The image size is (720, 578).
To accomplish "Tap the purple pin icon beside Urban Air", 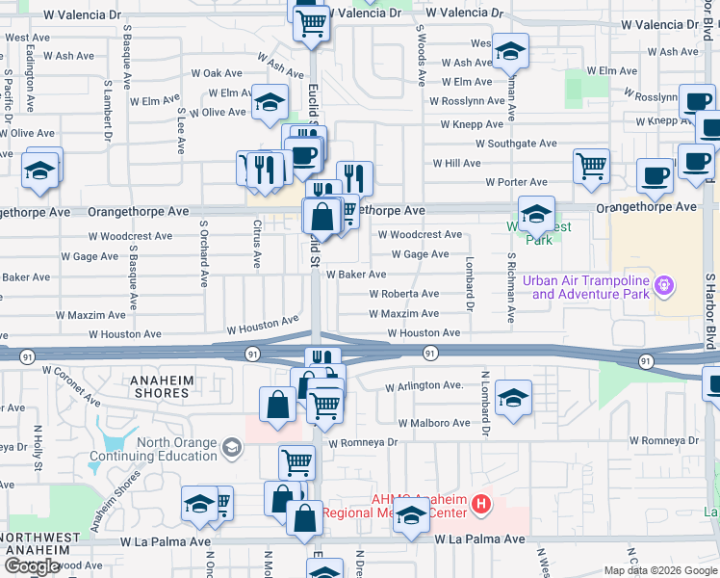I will click(662, 286).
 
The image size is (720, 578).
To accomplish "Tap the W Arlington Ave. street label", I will click(424, 386).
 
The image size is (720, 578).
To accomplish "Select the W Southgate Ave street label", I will click(508, 144).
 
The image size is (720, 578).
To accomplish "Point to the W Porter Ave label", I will click(516, 182).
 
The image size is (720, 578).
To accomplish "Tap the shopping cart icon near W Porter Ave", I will click(591, 165).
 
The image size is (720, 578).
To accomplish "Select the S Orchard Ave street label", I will click(204, 255).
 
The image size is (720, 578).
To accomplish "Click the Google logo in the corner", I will click(32, 566).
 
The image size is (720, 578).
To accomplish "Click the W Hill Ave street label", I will click(456, 164).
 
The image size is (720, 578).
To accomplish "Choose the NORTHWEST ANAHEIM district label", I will click(39, 543).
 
